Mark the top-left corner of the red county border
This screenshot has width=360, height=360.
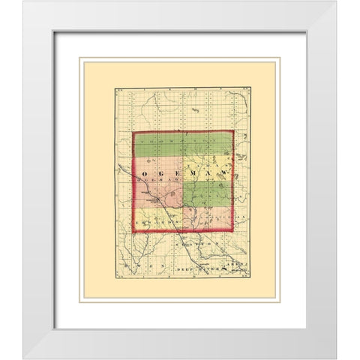pyautogui.click(x=133, y=132)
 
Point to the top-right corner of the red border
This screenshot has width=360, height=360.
pyautogui.click(x=233, y=132)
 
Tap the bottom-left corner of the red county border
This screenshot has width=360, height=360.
pyautogui.click(x=133, y=230)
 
